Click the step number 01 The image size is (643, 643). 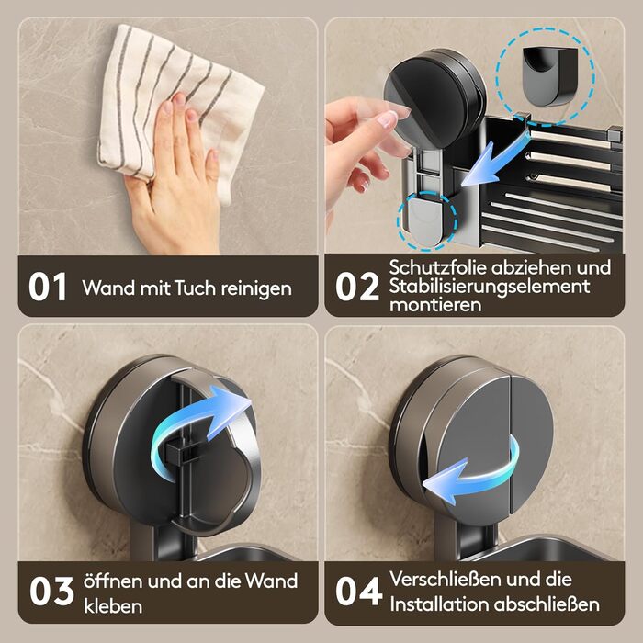click(x=48, y=287)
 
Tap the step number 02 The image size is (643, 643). click(x=356, y=287)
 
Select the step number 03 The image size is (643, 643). click(x=51, y=591)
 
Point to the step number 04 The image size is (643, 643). click(x=359, y=591)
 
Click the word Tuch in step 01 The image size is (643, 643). click(x=195, y=288)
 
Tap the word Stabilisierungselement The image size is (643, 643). click(x=490, y=287)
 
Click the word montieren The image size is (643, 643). click(x=435, y=305)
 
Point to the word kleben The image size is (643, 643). click(x=113, y=606)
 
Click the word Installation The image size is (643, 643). click(x=439, y=604)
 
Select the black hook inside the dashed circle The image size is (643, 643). click(x=548, y=76)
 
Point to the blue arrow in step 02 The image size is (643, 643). click(x=492, y=162)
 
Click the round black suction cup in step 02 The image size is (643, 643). click(x=434, y=98)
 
